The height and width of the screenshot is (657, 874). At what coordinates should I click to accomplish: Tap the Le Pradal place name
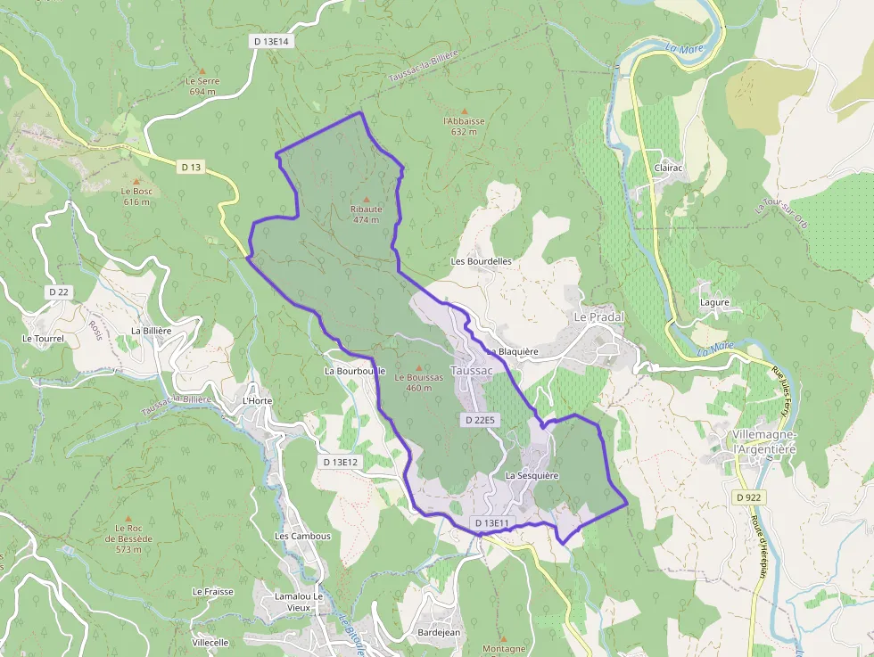coord(598,317)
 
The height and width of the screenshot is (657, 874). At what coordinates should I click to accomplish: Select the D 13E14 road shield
coord(272,41)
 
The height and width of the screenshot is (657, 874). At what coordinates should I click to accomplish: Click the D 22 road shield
coord(59,292)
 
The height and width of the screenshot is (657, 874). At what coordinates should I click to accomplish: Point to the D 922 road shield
coord(749,497)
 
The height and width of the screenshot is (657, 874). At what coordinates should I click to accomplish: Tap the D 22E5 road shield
coord(480,419)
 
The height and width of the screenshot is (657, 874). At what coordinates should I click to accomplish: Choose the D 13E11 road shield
coord(491,522)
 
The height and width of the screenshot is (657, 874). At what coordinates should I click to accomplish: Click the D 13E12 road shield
coord(340,462)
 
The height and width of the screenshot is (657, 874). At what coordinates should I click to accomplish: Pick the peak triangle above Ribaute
coord(366,199)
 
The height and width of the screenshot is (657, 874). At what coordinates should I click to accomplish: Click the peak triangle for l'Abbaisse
coord(464,111)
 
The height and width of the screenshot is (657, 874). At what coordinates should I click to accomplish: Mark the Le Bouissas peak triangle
coord(418,366)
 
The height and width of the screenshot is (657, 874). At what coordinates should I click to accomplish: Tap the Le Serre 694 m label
coord(202,86)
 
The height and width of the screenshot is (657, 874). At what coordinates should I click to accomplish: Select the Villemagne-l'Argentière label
coord(763,441)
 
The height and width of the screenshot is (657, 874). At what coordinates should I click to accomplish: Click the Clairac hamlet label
coord(669,168)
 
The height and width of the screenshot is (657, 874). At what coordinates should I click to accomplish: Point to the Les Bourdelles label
coord(482,261)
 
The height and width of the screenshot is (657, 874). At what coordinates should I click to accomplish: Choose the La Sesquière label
coord(532,476)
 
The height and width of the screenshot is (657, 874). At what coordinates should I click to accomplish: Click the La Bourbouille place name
coord(355,370)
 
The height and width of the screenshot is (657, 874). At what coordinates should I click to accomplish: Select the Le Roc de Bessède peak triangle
coord(128,517)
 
